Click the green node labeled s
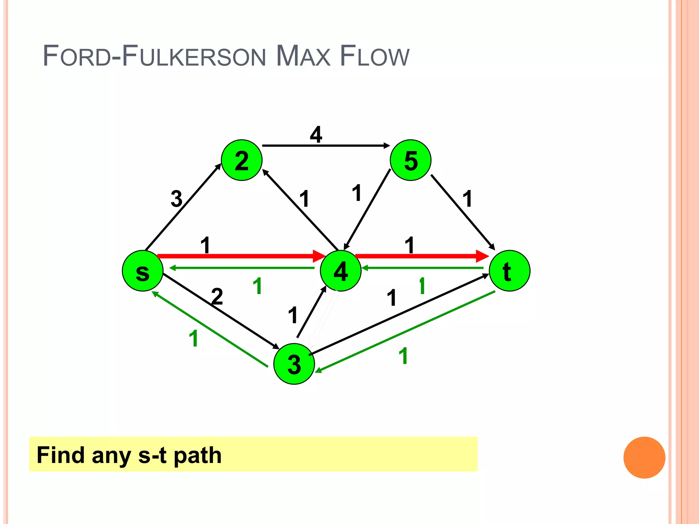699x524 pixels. [x=143, y=271]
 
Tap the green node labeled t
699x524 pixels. [x=509, y=271]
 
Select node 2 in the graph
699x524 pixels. [x=242, y=160]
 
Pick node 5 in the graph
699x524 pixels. [x=411, y=160]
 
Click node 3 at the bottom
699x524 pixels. [x=294, y=364]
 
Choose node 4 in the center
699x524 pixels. [x=341, y=271]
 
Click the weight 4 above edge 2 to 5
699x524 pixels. [x=316, y=134]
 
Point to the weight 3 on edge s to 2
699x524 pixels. [x=176, y=199]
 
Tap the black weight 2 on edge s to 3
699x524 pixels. [x=217, y=296]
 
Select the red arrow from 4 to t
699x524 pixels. [x=420, y=256]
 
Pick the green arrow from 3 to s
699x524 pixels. [x=210, y=329]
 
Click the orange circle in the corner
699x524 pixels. [x=644, y=457]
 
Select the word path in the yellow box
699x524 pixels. [x=198, y=455]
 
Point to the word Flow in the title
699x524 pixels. [x=374, y=56]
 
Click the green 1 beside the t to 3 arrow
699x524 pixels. [x=403, y=356]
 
